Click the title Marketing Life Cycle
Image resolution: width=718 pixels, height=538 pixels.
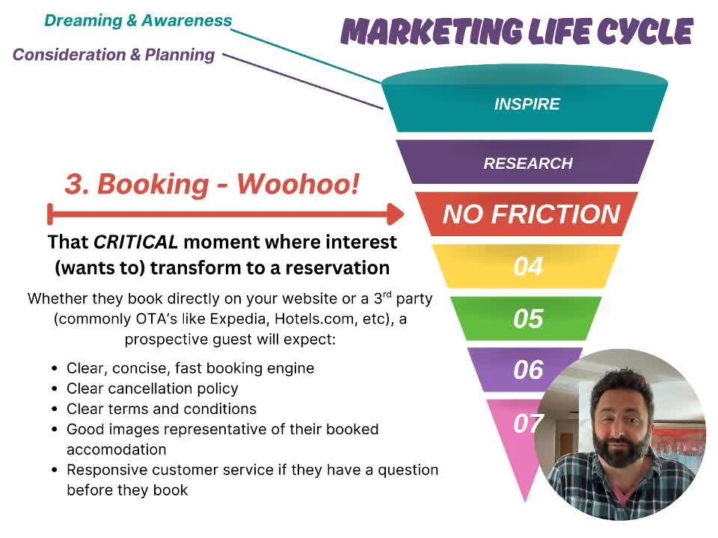pyautogui.click(x=517, y=31)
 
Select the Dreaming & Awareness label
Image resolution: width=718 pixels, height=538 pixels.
pyautogui.click(x=138, y=21)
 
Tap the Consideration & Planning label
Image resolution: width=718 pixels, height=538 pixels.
pyautogui.click(x=114, y=55)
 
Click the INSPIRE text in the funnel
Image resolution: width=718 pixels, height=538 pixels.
pyautogui.click(x=527, y=105)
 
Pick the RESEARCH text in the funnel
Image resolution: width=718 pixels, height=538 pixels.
pyautogui.click(x=528, y=164)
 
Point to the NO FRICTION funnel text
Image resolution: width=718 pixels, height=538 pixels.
pyautogui.click(x=531, y=214)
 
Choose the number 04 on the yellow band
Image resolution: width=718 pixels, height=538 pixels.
pyautogui.click(x=528, y=266)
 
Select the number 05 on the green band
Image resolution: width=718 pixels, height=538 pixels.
pyautogui.click(x=528, y=318)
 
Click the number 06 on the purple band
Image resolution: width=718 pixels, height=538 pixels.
pyautogui.click(x=528, y=370)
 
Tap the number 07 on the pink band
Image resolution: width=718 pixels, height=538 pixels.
pyautogui.click(x=527, y=424)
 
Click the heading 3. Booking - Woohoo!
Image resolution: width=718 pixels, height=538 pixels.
pyautogui.click(x=212, y=184)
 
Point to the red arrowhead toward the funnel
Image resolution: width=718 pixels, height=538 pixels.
pyautogui.click(x=396, y=214)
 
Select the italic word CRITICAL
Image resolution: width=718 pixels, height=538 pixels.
pyautogui.click(x=135, y=242)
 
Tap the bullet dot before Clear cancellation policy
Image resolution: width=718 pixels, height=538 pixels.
pyautogui.click(x=55, y=389)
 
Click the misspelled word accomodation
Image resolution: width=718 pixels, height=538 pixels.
pyautogui.click(x=117, y=450)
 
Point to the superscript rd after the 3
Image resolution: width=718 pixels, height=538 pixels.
pyautogui.click(x=387, y=294)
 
